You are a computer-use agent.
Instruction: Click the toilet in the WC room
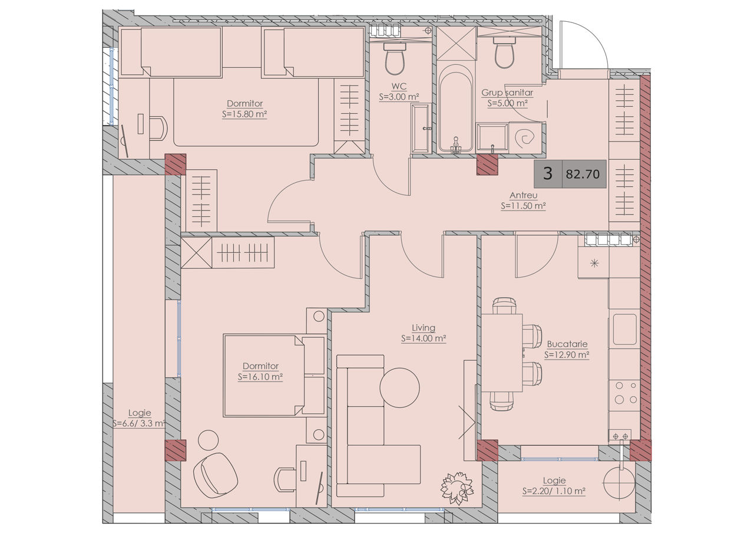[x=395, y=58]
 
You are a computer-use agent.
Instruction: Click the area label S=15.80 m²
[x=244, y=114]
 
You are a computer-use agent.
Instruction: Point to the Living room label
[x=424, y=327]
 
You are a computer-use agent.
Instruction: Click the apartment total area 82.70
[x=583, y=174]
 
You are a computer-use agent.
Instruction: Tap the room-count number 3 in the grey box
[x=548, y=173]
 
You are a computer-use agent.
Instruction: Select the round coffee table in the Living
[x=399, y=388]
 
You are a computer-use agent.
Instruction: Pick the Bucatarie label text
[x=567, y=344]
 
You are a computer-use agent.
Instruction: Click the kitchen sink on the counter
[x=624, y=329]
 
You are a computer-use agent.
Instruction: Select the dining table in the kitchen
[x=501, y=353]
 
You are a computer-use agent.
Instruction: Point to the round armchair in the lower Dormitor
[x=216, y=475]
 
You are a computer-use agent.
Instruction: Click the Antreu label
[x=524, y=195]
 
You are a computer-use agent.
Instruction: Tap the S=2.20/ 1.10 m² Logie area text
[x=554, y=491]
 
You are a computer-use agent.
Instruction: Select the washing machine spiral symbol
[x=524, y=137]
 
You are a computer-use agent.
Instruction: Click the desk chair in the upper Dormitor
[x=158, y=128]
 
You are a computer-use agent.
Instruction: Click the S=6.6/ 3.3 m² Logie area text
[x=139, y=423]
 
